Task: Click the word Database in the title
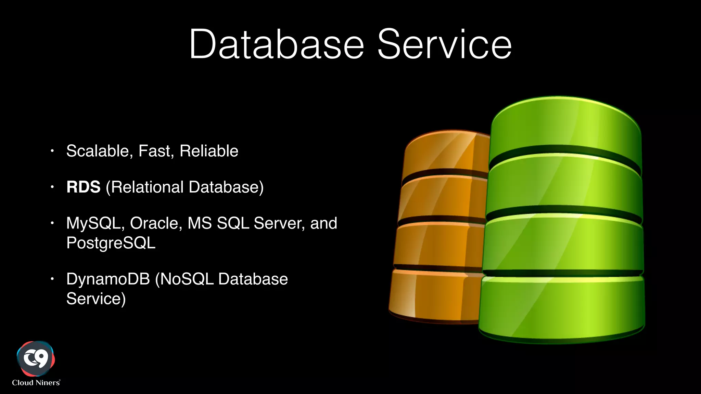click(277, 44)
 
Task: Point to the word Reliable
click(209, 151)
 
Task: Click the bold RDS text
click(84, 187)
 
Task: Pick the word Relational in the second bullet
click(147, 187)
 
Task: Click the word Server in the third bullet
click(279, 223)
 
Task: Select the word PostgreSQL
click(111, 243)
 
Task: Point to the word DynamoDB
click(108, 279)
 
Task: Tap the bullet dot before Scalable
click(52, 150)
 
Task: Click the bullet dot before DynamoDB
click(52, 279)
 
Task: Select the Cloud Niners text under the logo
click(36, 383)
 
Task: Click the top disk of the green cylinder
click(565, 130)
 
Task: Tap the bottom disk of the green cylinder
click(561, 308)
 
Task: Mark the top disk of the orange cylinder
click(447, 152)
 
